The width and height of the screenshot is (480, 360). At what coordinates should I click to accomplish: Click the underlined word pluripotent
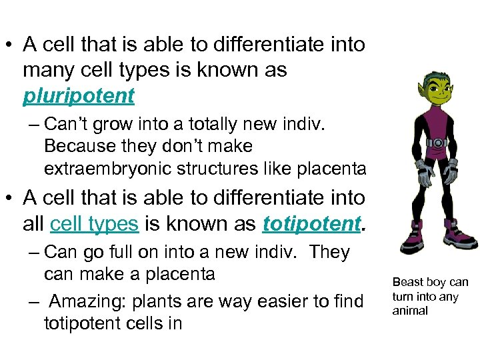pos(79,96)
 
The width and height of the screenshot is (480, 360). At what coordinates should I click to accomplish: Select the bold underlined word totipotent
pos(311,224)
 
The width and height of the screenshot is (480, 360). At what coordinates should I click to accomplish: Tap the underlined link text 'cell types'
pos(94,224)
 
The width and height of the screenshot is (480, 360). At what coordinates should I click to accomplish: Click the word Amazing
pos(87,302)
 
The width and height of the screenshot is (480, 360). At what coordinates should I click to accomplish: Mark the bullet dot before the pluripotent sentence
pos(11,45)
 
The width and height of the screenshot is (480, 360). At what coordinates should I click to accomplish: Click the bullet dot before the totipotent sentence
pos(11,199)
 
